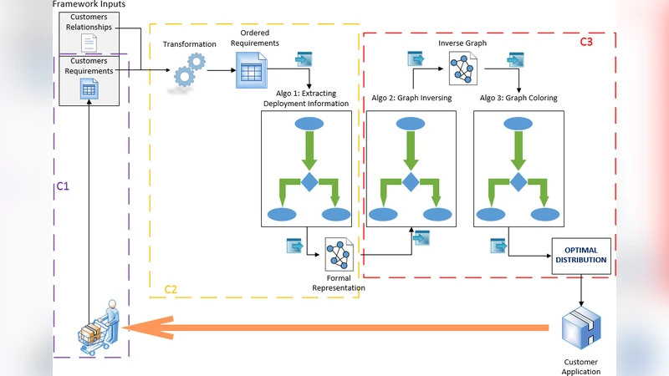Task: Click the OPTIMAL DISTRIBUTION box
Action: click(581, 256)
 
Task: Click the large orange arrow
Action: click(334, 328)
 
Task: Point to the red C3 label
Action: click(586, 42)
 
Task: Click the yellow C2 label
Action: click(170, 289)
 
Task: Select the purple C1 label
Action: click(62, 185)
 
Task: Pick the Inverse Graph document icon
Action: click(462, 69)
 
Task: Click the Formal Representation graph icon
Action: click(340, 254)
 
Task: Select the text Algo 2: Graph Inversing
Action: click(411, 98)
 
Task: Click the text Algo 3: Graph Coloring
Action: click(518, 98)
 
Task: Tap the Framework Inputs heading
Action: click(89, 5)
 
